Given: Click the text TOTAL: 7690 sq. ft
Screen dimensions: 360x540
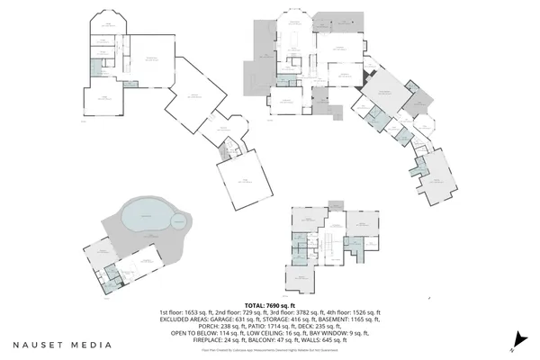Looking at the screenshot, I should point(270,304).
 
